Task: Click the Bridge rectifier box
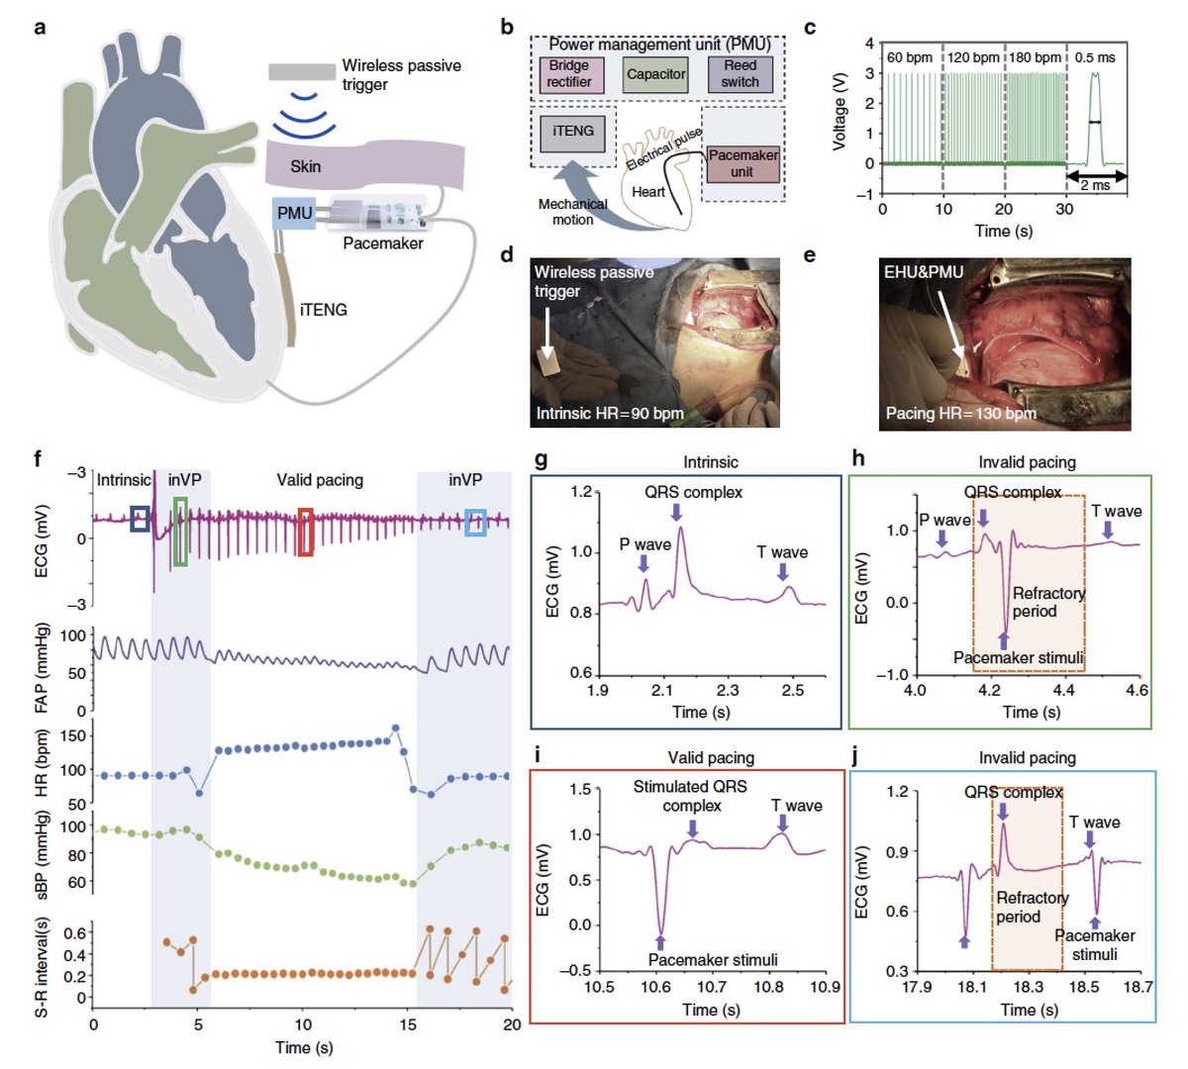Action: click(570, 74)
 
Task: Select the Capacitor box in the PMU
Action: click(655, 74)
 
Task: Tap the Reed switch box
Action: click(741, 74)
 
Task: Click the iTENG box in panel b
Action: click(573, 133)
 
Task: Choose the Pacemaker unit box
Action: click(742, 163)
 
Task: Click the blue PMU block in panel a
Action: click(295, 213)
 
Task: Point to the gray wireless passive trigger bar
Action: click(301, 72)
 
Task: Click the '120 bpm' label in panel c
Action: click(973, 57)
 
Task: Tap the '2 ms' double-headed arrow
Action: click(1096, 176)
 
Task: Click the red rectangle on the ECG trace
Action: click(306, 532)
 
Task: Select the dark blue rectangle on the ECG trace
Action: click(140, 519)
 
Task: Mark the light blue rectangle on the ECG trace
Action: click(476, 522)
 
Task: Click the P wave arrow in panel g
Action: click(644, 563)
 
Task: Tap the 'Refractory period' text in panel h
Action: click(1047, 602)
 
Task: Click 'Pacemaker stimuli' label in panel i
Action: click(713, 959)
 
